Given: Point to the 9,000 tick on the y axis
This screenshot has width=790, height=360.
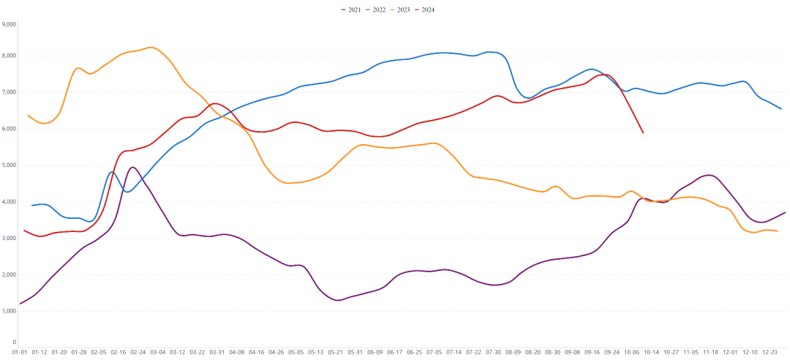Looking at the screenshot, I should (9, 24).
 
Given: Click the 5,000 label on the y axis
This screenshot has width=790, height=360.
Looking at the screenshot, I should (9, 165).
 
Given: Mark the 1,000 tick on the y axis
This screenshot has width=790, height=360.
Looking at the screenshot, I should (9, 311).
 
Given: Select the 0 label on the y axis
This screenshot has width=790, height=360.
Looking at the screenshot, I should (14, 342).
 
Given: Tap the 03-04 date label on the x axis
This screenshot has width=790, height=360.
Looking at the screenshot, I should (158, 352).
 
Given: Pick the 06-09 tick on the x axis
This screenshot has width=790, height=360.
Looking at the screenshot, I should (375, 352).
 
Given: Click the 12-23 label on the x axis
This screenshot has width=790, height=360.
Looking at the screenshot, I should (770, 352).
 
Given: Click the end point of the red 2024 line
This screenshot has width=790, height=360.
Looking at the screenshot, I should (643, 132).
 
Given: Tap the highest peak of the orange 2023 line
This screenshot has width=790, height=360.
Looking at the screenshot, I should (151, 48).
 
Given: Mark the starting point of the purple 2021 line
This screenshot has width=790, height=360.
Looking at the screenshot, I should (20, 303).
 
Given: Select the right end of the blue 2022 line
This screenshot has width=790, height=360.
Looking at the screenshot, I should (781, 109).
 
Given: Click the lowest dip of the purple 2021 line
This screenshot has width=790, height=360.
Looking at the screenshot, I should (338, 300).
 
